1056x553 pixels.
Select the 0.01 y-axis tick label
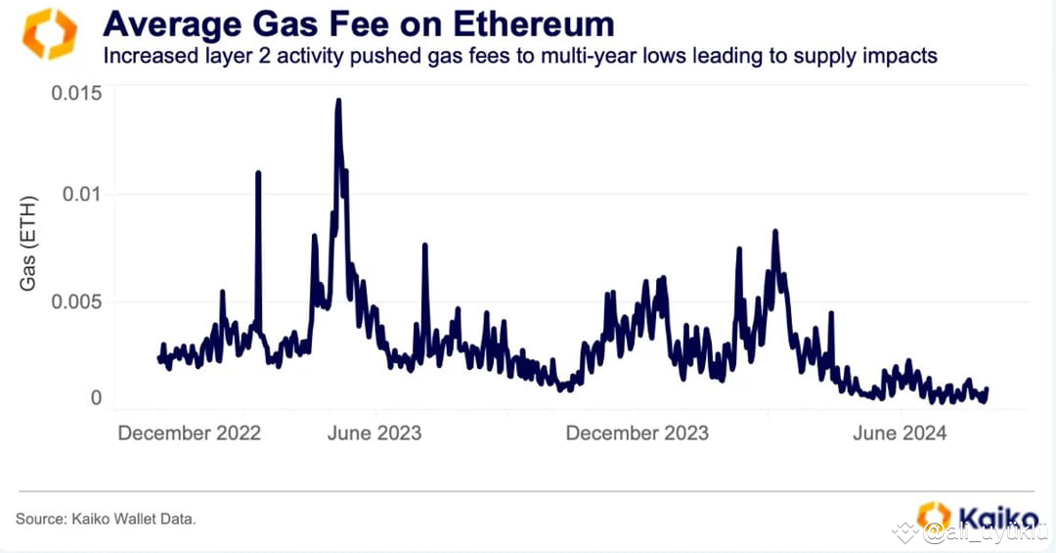tap(81, 194)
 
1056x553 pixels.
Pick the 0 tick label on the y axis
tap(96, 397)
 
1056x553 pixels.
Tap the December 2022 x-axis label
tap(189, 433)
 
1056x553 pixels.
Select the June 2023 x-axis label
tap(374, 433)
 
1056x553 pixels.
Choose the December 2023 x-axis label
tap(637, 433)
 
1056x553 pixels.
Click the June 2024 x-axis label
tap(900, 433)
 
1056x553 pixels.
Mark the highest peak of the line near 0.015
tap(338, 100)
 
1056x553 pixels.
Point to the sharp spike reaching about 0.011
tap(258, 173)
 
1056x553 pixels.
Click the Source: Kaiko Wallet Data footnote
tap(106, 518)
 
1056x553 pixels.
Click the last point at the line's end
tap(987, 390)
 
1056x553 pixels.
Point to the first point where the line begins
tap(159, 358)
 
